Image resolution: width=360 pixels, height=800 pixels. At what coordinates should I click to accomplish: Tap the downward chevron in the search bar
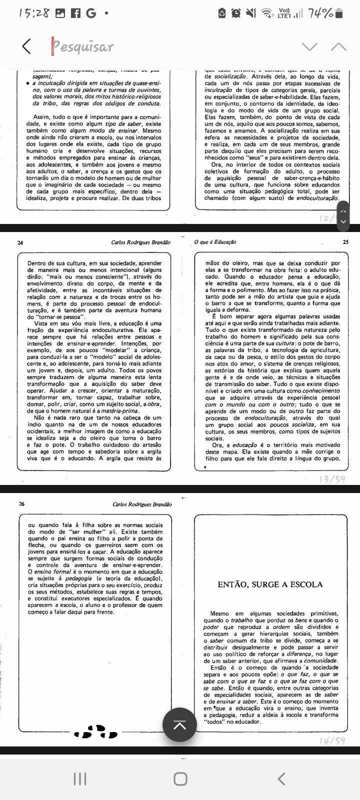click(310, 46)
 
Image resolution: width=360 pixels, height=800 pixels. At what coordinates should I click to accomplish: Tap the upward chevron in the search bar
click(338, 46)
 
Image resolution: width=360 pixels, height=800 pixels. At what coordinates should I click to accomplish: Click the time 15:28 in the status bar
click(34, 13)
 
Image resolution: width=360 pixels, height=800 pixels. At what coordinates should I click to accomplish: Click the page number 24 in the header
click(20, 242)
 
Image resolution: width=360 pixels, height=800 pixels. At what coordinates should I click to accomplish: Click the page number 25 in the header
click(346, 242)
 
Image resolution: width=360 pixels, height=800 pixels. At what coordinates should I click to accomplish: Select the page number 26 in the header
click(21, 504)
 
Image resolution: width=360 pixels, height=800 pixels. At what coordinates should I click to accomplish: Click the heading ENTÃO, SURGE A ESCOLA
click(270, 584)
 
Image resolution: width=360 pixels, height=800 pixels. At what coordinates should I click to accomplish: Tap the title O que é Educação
click(215, 242)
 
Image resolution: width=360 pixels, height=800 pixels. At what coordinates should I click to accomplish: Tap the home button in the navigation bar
click(180, 778)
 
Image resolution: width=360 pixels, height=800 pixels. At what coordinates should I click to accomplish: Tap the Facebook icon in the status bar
click(76, 13)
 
